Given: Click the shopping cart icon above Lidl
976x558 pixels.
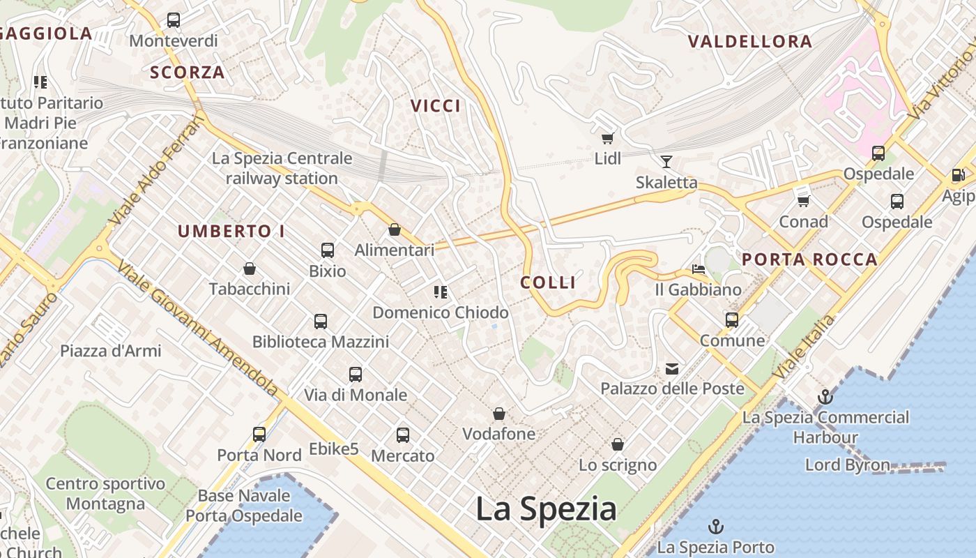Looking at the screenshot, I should point(607,139).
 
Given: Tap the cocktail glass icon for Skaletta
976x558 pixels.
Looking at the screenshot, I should point(666,162).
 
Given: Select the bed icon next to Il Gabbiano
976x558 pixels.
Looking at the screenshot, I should point(699,269).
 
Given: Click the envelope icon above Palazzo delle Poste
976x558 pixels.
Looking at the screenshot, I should point(672,368).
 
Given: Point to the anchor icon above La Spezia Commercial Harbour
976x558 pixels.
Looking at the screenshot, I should point(825,398).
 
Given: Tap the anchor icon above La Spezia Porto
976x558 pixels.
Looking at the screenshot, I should point(715,527).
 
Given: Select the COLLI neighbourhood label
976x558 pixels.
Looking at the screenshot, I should point(548,282).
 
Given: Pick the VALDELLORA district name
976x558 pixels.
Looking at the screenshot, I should point(750,42).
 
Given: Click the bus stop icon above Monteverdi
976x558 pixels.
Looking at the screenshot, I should point(174,20).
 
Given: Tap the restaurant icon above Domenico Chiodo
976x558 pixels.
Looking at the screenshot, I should point(440,292).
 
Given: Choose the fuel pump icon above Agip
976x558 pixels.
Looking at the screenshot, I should point(959,175).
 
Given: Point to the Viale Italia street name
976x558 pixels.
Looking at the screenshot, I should point(804,347).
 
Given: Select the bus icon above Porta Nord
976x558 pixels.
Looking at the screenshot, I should point(259,435).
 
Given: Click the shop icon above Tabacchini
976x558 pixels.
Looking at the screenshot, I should point(250,269).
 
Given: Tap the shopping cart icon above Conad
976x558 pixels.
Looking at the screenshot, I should point(803,201).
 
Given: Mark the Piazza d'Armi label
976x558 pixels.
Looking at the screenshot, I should point(111,350).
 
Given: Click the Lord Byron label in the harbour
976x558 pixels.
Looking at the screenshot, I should point(847,465).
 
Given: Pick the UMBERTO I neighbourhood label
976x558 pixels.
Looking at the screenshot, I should point(231,232).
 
